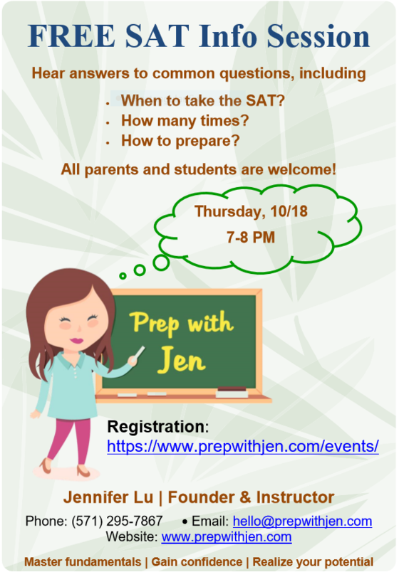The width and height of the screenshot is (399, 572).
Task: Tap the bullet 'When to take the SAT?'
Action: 202,101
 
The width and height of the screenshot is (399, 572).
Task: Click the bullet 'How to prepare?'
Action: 180,141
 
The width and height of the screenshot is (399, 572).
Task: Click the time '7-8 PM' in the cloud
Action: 250,238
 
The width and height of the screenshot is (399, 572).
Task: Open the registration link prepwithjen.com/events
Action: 242,447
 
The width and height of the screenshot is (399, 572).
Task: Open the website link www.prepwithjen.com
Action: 226,537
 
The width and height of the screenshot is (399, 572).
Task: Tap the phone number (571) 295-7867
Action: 117,521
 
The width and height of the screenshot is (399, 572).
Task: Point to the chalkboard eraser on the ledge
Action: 232,391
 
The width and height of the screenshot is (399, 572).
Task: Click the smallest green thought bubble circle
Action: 123,275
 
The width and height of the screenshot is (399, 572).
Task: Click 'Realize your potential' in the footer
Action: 313,561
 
